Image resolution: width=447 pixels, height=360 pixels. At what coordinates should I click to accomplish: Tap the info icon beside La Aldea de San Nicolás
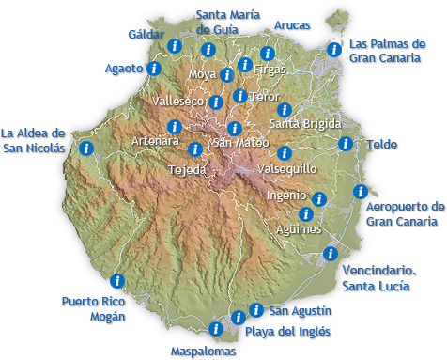click(86, 148)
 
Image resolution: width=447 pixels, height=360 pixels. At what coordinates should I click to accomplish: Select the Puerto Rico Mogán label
click(93, 308)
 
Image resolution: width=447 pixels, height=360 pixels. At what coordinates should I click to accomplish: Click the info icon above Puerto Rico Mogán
click(117, 280)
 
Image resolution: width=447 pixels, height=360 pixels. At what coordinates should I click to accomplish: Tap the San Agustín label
click(300, 310)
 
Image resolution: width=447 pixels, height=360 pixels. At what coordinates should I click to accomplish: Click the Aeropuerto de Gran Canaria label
click(405, 213)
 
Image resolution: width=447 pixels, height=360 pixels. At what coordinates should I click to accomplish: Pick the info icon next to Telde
click(345, 144)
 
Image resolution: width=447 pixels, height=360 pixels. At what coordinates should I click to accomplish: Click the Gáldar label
click(146, 35)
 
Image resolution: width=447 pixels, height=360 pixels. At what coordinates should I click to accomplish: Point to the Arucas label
click(291, 25)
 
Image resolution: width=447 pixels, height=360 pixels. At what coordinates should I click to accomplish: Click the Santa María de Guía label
click(230, 22)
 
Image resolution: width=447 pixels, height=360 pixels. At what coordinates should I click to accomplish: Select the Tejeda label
click(186, 170)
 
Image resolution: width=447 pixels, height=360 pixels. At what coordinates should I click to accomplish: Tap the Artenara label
click(155, 140)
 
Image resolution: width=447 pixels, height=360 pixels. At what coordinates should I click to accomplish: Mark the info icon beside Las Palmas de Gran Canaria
click(333, 50)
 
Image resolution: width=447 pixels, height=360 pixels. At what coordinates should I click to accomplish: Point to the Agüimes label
click(299, 228)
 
